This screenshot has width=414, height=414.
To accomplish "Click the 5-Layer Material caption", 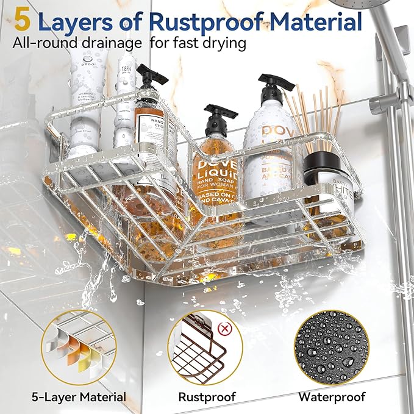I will (x=79, y=397).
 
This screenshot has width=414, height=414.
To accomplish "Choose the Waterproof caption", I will (x=332, y=397).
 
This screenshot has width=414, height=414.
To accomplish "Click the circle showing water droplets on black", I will (x=331, y=347).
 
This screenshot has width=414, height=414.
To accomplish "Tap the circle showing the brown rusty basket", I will (x=205, y=347).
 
